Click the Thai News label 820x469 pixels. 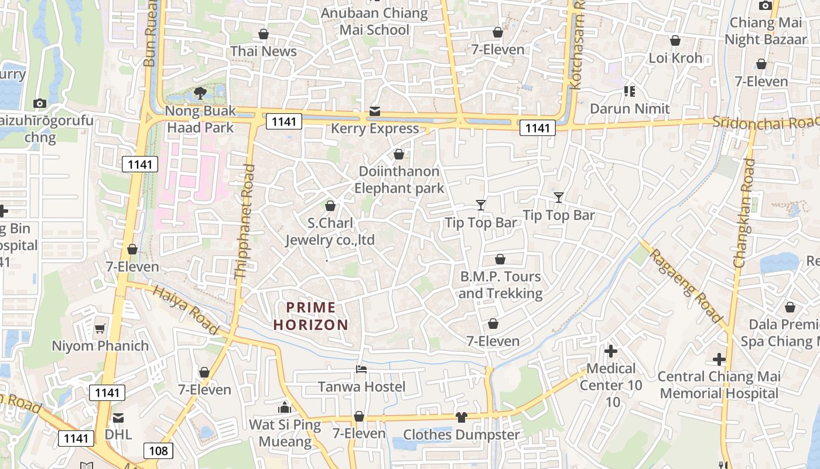pos(263,51)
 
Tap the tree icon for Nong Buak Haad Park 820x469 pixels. pos(200,93)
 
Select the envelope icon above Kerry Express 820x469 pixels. pos(375,111)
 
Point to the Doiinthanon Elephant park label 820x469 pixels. pos(398,179)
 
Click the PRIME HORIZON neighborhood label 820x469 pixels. pos(311,316)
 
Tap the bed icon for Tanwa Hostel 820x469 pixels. pos(361,369)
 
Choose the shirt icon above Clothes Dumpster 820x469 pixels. pos(461,417)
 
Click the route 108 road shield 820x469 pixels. pos(158,450)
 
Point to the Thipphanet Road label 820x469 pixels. pos(244,222)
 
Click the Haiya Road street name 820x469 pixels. pos(186,310)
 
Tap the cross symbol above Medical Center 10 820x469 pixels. pos(611,351)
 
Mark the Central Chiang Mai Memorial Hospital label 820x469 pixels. pos(720,385)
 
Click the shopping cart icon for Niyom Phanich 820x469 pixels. pos(100,328)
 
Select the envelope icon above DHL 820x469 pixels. pos(118,418)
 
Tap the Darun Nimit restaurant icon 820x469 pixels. pos(630,91)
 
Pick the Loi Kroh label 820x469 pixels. pos(675,58)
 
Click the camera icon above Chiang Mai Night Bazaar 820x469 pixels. pos(765,6)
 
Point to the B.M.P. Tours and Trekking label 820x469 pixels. pos(500,284)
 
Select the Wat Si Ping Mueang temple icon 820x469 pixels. pos(285,407)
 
